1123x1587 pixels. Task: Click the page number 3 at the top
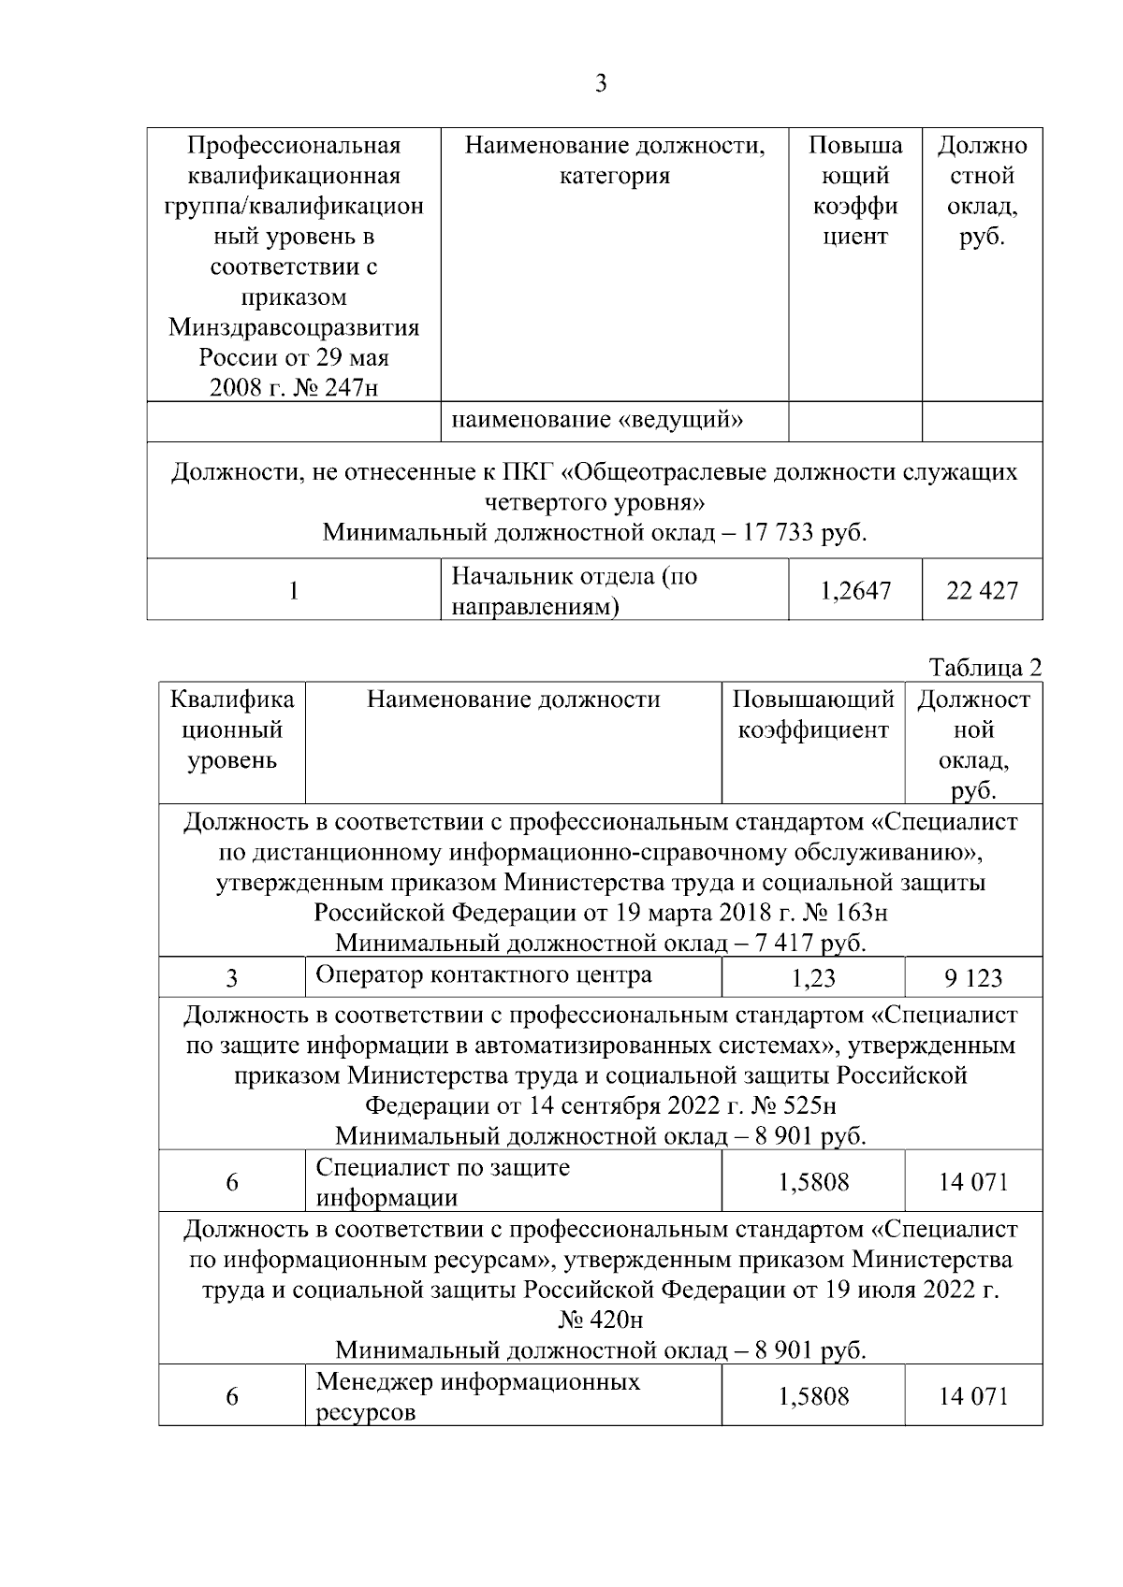tap(601, 84)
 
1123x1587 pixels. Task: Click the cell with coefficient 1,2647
tap(854, 591)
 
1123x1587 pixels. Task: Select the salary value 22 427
tap(981, 591)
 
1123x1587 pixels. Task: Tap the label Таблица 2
tap(984, 668)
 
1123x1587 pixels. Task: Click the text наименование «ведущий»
tap(597, 421)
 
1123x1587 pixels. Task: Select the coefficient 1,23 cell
tap(812, 978)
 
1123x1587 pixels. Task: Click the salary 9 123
tap(972, 978)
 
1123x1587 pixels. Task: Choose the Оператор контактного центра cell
tap(483, 975)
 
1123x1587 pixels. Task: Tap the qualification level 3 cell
tap(231, 978)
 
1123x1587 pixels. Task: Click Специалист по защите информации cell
tap(443, 1182)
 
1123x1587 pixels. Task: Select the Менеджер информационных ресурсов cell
tap(477, 1396)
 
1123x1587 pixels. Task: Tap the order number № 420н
tap(600, 1320)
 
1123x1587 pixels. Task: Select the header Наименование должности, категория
tap(614, 161)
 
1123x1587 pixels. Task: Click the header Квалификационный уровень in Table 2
tap(231, 729)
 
